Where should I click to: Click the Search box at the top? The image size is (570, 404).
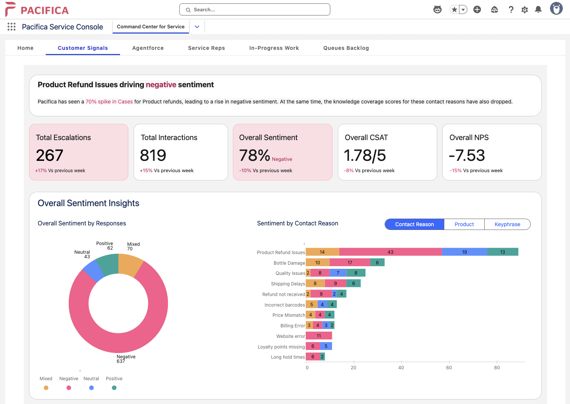(255, 10)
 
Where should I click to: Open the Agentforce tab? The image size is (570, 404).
(148, 48)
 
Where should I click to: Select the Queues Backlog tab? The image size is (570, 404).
(346, 48)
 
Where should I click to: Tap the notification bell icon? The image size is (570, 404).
(538, 10)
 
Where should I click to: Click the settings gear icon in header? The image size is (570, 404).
(524, 10)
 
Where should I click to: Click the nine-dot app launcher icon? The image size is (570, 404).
(12, 27)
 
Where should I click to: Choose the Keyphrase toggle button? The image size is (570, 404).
(507, 224)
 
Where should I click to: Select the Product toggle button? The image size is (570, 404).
(464, 224)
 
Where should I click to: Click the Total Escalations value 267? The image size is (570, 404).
(49, 155)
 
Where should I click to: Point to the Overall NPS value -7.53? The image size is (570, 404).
(467, 155)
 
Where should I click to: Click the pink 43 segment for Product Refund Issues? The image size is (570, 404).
(390, 252)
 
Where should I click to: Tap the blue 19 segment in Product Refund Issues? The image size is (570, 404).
(464, 252)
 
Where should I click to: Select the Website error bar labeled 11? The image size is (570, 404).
(319, 336)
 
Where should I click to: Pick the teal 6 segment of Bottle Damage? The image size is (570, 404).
(377, 262)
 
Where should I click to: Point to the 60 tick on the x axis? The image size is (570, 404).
(449, 367)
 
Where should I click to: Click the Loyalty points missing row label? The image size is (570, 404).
(281, 347)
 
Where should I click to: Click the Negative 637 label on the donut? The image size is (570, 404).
(125, 359)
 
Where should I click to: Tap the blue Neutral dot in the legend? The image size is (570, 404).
(91, 388)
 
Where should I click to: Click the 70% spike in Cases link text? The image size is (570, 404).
(109, 102)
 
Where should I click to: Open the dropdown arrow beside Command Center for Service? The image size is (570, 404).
(197, 27)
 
